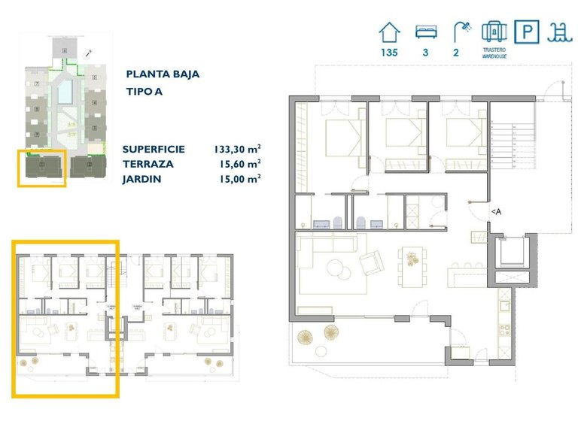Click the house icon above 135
[389, 32]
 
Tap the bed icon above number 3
[424, 32]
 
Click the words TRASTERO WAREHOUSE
[493, 53]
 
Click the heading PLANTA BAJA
[163, 74]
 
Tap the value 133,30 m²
[238, 149]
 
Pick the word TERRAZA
[148, 163]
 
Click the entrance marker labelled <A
[496, 213]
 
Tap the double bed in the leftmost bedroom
[342, 138]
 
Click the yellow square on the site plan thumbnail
[42, 168]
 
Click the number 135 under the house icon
[389, 53]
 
